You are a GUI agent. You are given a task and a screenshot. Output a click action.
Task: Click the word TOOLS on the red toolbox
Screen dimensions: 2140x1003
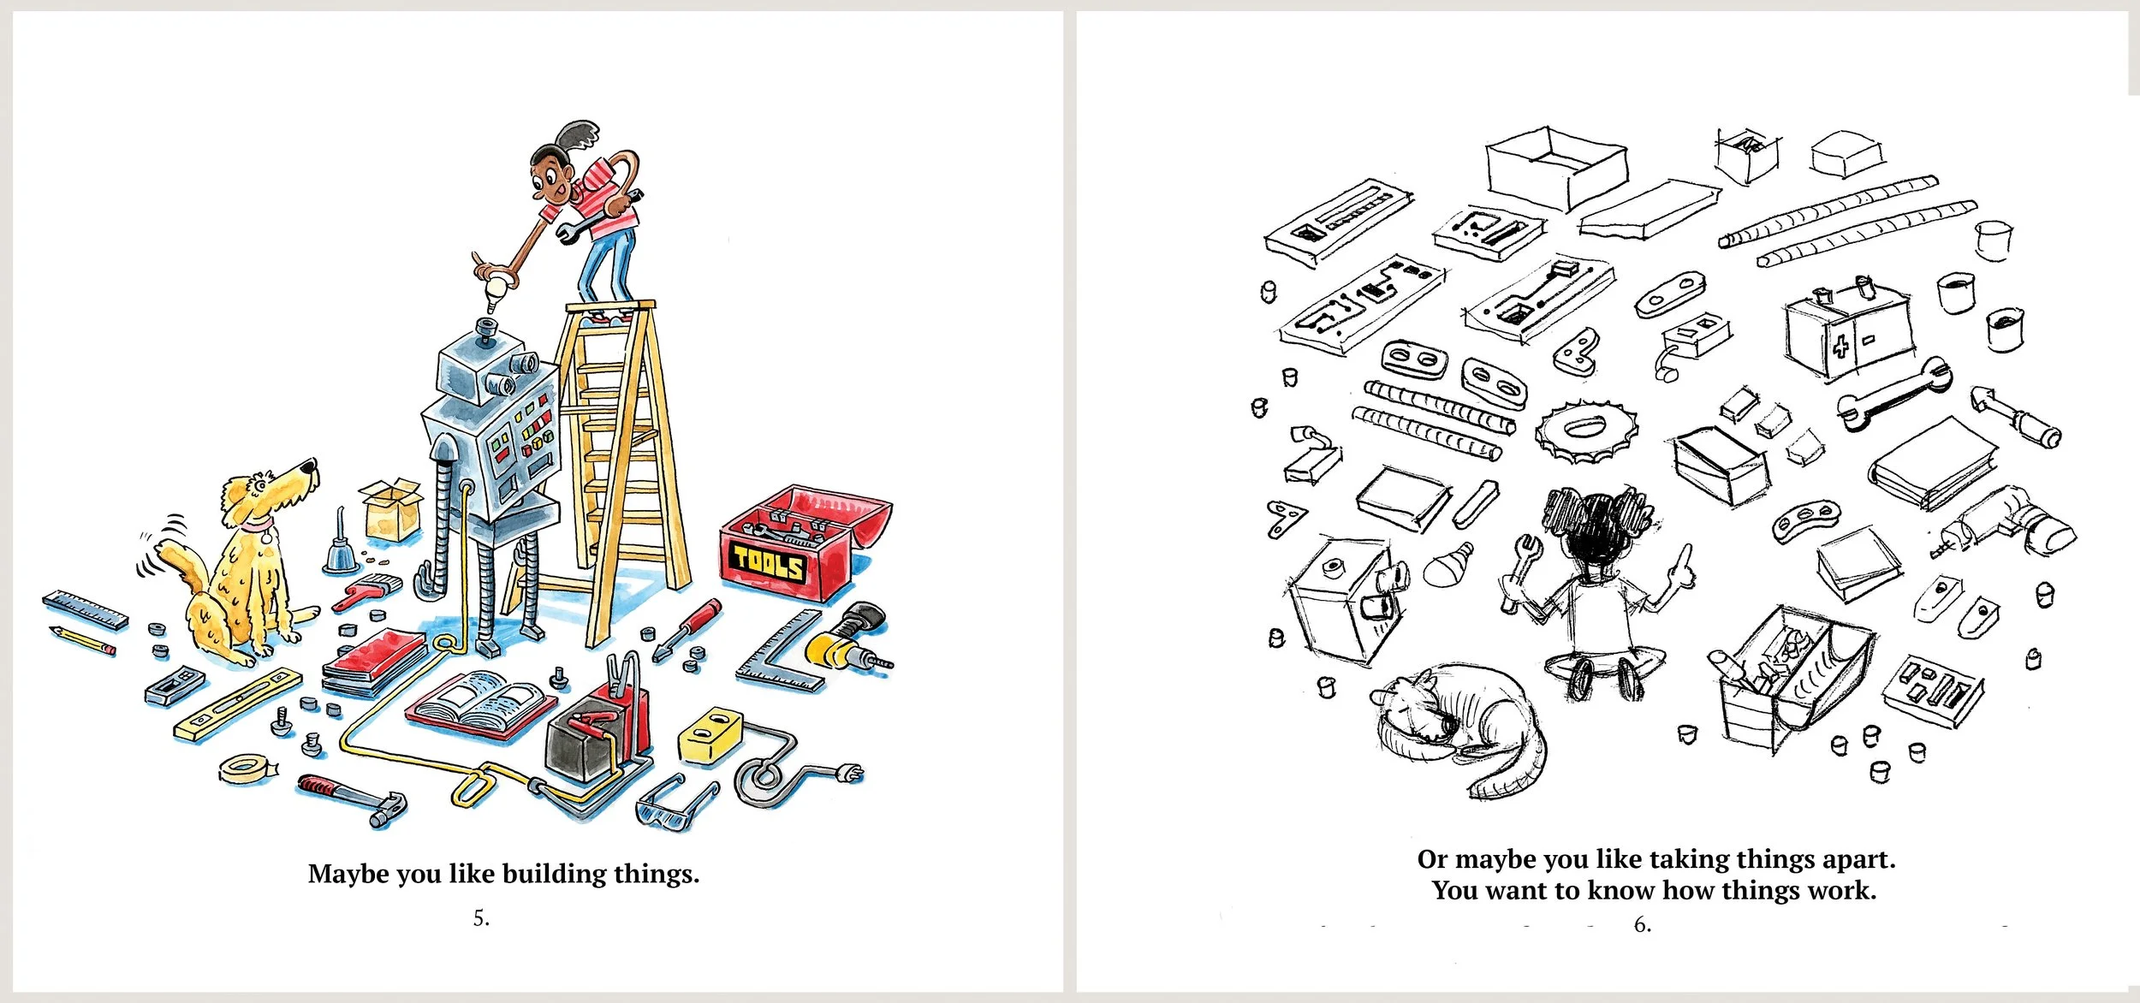768,562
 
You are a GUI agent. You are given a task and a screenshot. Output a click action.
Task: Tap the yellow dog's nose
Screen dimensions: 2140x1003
312,464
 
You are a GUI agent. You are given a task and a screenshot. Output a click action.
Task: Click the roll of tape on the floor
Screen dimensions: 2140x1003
246,769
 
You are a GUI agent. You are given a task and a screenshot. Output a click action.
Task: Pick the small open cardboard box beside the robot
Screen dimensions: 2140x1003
392,508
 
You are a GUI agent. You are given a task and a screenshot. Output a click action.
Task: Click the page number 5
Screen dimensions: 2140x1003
481,918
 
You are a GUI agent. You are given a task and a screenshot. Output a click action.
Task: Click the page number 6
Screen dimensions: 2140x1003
1642,924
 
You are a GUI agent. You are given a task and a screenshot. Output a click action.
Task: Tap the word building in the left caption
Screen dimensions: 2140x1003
554,875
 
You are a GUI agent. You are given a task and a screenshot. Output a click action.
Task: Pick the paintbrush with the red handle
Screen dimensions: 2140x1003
366,591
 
